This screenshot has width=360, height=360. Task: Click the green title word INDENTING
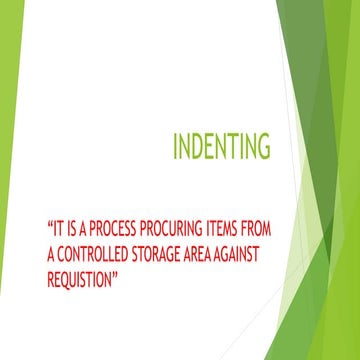tap(220, 148)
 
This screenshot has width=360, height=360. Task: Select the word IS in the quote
tap(78, 228)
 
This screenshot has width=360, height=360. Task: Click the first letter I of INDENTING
tap(175, 148)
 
